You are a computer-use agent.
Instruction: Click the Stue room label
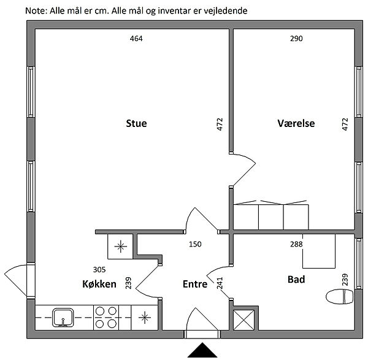136,123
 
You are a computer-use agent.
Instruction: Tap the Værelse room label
296,123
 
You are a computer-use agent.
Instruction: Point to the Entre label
194,284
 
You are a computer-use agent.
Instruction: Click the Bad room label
296,279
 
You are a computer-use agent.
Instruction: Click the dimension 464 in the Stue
136,39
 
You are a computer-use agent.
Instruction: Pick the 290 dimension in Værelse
296,39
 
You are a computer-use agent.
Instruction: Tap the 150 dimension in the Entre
195,244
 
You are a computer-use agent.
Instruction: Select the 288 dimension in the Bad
297,244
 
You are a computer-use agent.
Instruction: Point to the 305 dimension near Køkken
99,269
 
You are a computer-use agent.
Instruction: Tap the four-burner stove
105,318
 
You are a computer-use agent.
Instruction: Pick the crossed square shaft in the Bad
245,319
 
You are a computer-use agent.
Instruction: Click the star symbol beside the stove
144,318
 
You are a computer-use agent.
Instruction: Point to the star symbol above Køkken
120,247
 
